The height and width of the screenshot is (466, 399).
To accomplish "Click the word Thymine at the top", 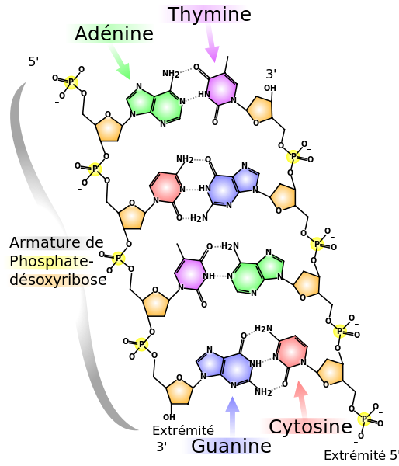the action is coord(209,14).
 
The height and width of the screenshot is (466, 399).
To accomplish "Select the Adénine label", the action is coord(114,33).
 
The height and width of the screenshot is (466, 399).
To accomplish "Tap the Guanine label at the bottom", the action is coord(231,446).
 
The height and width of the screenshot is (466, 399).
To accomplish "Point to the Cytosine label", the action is coord(311,426).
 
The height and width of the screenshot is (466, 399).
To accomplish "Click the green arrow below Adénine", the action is coord(120,63).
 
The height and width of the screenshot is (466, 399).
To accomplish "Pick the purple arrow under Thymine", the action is coord(213,43).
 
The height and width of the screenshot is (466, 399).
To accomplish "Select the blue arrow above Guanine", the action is coord(232,416).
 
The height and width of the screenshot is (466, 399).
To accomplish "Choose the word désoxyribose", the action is coord(58,280).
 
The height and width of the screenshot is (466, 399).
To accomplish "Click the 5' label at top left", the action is coord(33,61).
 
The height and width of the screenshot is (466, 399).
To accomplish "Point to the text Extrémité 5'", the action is coord(361,455).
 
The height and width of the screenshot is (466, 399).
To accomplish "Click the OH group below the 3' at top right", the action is coord(270,88).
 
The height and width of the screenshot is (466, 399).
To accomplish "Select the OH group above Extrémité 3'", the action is coord(169,417).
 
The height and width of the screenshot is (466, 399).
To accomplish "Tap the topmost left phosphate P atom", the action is coord(71,82).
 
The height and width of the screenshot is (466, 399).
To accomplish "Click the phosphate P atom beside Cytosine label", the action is coord(365,419).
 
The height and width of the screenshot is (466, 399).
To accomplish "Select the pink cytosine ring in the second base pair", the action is coord(165,187).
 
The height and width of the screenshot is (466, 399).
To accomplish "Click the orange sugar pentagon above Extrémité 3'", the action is coord(179,391).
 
